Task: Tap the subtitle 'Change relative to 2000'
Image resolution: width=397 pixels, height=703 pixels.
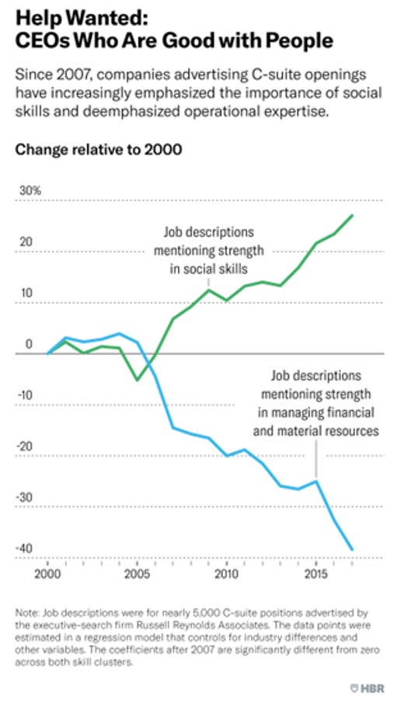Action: click(99, 150)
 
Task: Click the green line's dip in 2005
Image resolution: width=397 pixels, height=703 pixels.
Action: click(137, 380)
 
